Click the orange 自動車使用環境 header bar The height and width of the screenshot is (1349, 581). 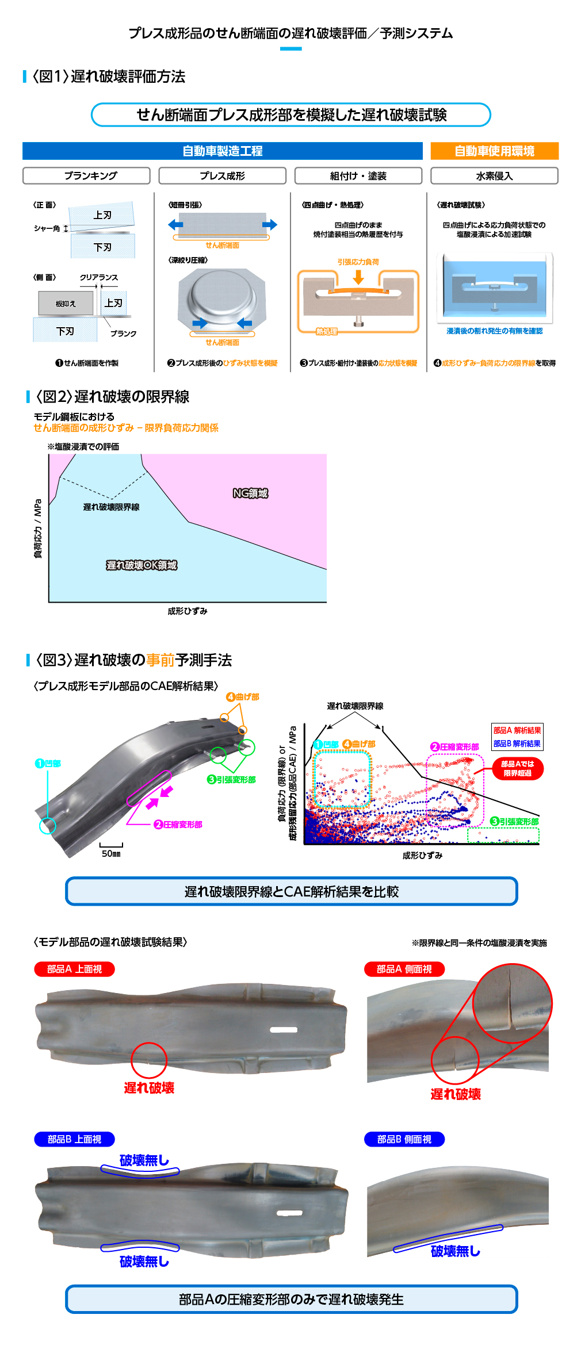tap(494, 151)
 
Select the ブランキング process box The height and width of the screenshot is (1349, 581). tap(86, 175)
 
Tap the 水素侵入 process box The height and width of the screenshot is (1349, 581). tap(494, 175)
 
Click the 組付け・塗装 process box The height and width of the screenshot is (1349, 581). tap(358, 175)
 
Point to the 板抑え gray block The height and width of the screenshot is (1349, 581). tap(66, 303)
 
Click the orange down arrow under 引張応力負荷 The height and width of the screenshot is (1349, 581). tap(358, 277)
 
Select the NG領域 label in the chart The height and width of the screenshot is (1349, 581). tap(250, 493)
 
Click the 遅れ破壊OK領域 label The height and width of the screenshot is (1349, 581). tap(142, 565)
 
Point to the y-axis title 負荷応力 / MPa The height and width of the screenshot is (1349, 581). tap(38, 528)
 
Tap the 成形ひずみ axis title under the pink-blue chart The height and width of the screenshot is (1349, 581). tap(188, 611)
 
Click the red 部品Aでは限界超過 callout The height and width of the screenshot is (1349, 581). tap(518, 768)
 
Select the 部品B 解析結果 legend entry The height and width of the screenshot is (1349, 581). tap(517, 744)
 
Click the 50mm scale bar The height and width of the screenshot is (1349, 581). tap(111, 845)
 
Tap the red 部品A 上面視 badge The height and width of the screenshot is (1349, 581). tap(74, 969)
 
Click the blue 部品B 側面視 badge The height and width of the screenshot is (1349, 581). tap(404, 1139)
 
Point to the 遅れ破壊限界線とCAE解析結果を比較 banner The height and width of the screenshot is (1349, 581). tap(292, 891)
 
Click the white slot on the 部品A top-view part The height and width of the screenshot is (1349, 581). tap(284, 1029)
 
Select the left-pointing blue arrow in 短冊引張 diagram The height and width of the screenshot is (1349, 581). tap(175, 224)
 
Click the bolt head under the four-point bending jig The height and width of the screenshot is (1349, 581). tap(358, 324)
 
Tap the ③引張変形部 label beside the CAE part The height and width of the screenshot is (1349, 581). tap(231, 779)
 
